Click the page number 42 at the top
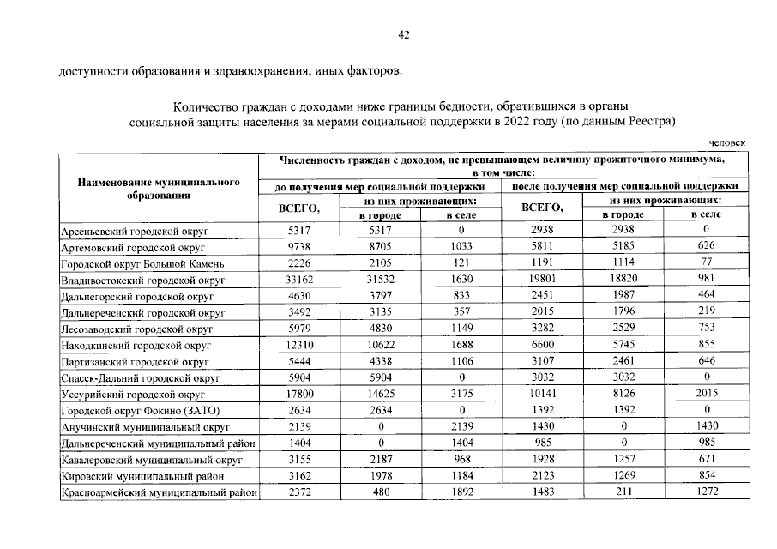[403, 34]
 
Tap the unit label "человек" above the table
[728, 142]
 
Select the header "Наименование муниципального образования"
[158, 189]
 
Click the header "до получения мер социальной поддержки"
[380, 185]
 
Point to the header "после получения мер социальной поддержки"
[624, 185]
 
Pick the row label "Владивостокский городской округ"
[142, 280]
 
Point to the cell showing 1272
[706, 492]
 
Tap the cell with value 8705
[379, 247]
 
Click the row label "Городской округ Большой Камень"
[142, 263]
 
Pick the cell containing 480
[379, 492]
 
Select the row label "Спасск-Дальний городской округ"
[140, 377]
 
